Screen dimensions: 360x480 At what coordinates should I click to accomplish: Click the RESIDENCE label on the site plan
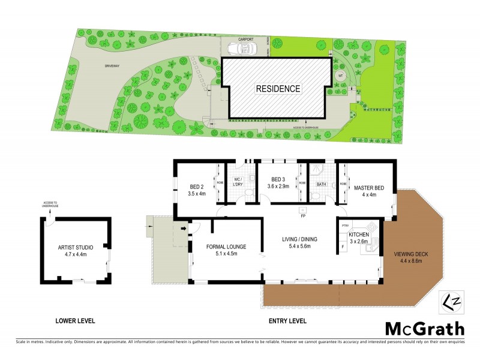[x=278, y=88]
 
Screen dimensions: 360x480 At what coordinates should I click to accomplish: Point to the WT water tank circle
[x=340, y=76]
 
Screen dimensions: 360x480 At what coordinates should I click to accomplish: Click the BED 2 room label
[x=197, y=187]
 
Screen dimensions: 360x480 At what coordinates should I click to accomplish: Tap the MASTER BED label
[x=370, y=187]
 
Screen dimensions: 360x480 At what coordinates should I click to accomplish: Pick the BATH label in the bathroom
[x=321, y=185]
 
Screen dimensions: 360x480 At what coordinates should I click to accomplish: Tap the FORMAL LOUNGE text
[x=226, y=247]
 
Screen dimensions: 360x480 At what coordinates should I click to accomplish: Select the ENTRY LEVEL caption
[x=286, y=321]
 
